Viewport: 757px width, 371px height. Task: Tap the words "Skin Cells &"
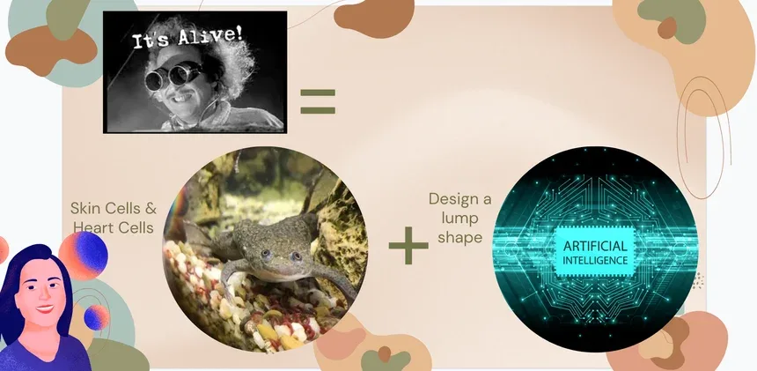pyautogui.click(x=113, y=209)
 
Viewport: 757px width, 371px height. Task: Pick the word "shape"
pyautogui.click(x=459, y=238)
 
